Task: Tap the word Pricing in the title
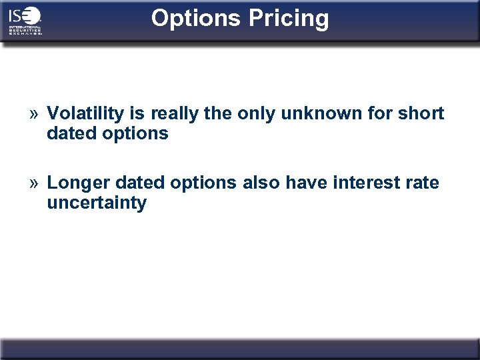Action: pos(289,18)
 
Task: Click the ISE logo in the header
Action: pos(25,21)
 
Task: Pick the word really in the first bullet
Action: pos(175,114)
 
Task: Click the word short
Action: pos(421,113)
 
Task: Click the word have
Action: pos(307,183)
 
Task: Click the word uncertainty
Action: pos(97,203)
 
